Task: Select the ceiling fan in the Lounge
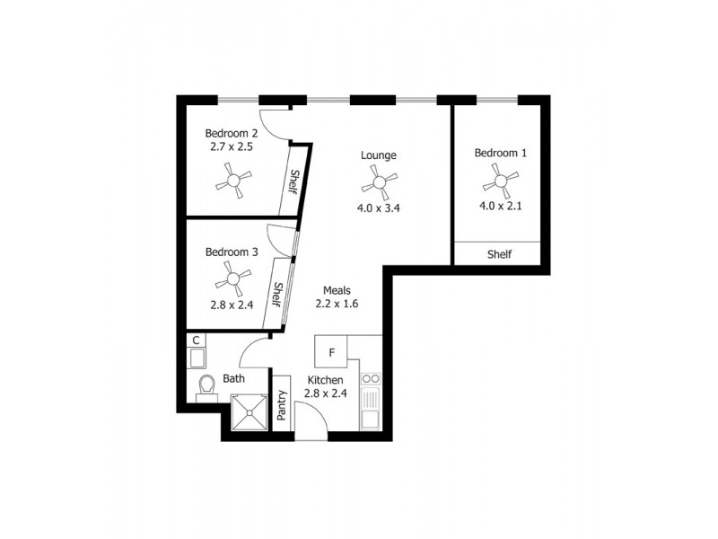[x=379, y=185]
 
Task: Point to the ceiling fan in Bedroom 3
[x=233, y=278]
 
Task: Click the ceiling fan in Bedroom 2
[x=234, y=183]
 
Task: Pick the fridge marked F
[x=331, y=351]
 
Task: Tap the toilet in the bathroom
[x=207, y=386]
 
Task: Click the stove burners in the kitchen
[x=370, y=378]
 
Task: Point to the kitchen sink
[x=370, y=410]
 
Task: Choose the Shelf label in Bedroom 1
[x=499, y=254]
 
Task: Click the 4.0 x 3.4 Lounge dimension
[x=378, y=208]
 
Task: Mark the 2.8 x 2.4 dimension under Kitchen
[x=325, y=393]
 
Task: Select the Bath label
[x=234, y=379]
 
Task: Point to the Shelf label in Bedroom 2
[x=293, y=182]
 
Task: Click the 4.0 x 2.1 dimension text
[x=500, y=205]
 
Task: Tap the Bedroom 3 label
[x=232, y=252]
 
